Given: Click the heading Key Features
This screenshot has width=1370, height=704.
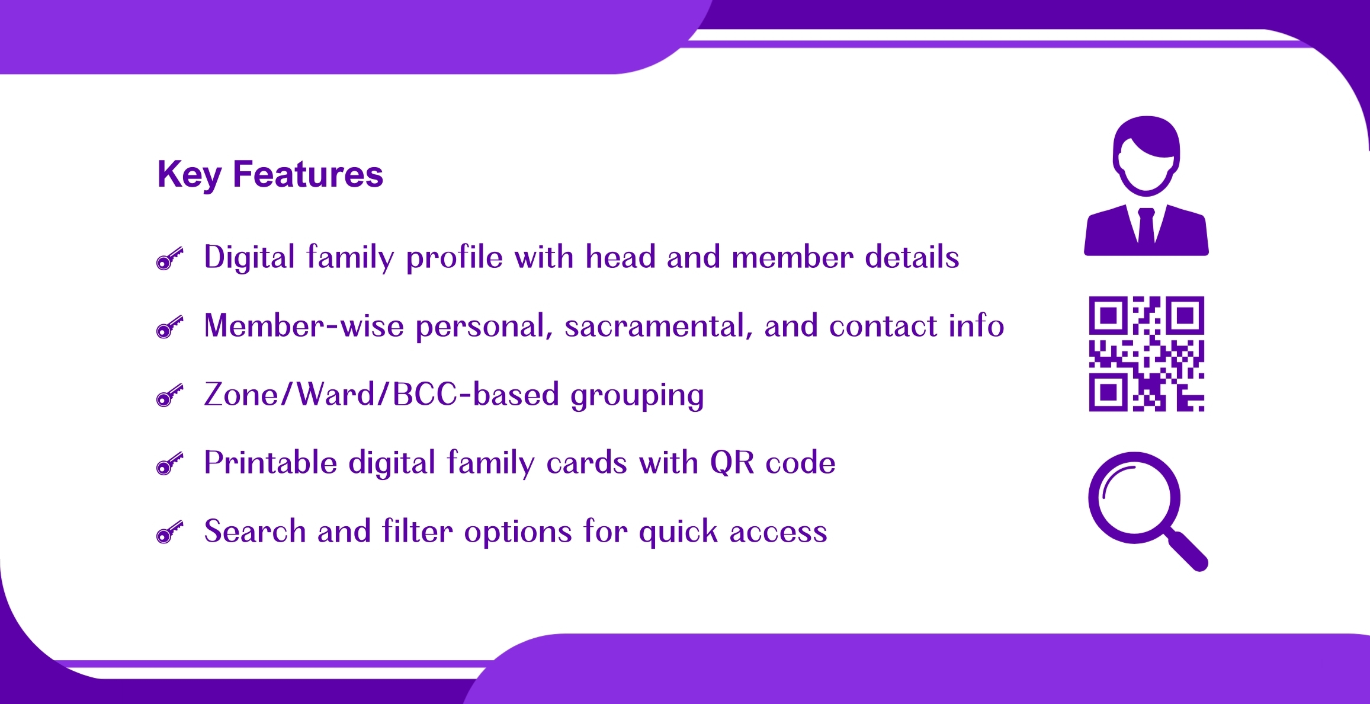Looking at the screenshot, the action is coord(270,175).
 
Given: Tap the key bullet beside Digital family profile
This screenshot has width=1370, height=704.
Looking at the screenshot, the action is coord(170,259).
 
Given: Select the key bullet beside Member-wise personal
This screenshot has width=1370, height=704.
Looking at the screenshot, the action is coord(170,327).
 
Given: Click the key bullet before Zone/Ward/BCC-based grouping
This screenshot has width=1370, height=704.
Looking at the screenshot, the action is coord(170,396).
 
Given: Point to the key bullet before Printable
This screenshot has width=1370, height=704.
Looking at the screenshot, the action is coord(170,464).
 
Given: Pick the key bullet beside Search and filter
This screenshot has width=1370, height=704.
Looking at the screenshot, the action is coord(170,532).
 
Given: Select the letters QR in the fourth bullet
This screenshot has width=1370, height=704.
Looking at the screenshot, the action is coord(732,463).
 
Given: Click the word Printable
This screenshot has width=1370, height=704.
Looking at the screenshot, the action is coord(271,462).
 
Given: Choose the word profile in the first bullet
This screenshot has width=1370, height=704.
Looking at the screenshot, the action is coord(454,258).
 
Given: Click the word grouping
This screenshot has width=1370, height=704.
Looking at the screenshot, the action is coord(637,396).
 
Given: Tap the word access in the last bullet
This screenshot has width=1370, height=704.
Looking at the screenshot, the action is coord(778,532).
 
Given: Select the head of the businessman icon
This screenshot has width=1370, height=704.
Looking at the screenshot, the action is coord(1147,156).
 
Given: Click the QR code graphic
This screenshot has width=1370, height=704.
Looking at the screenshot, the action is coord(1147,354).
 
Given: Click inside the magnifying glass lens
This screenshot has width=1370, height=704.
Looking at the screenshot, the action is coord(1134,498).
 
